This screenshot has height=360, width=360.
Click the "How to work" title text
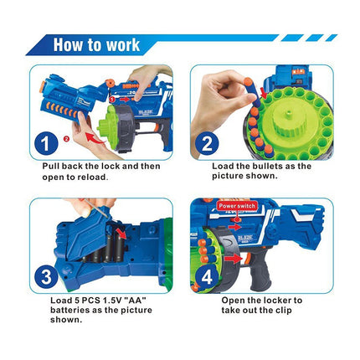coord(96,45)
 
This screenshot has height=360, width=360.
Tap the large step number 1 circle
coord(46,143)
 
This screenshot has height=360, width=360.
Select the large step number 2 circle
coord(207,143)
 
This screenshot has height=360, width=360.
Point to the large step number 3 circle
coord(46,277)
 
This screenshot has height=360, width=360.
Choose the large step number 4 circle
coord(207,277)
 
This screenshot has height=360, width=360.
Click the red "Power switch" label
coord(237,206)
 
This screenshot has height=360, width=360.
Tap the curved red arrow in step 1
coord(95,138)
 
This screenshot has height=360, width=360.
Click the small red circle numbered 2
coord(66,138)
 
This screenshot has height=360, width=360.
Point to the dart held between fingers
coord(252,93)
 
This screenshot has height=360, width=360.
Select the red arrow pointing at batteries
coord(121,234)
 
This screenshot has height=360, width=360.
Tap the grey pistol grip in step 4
coord(260,270)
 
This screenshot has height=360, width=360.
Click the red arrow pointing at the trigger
coord(233,259)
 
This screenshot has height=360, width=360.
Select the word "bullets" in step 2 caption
coord(267,166)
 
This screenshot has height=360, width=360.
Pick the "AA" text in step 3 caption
coord(135,301)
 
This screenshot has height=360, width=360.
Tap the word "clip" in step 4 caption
coord(284,311)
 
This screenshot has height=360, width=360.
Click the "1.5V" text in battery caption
coord(111,301)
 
